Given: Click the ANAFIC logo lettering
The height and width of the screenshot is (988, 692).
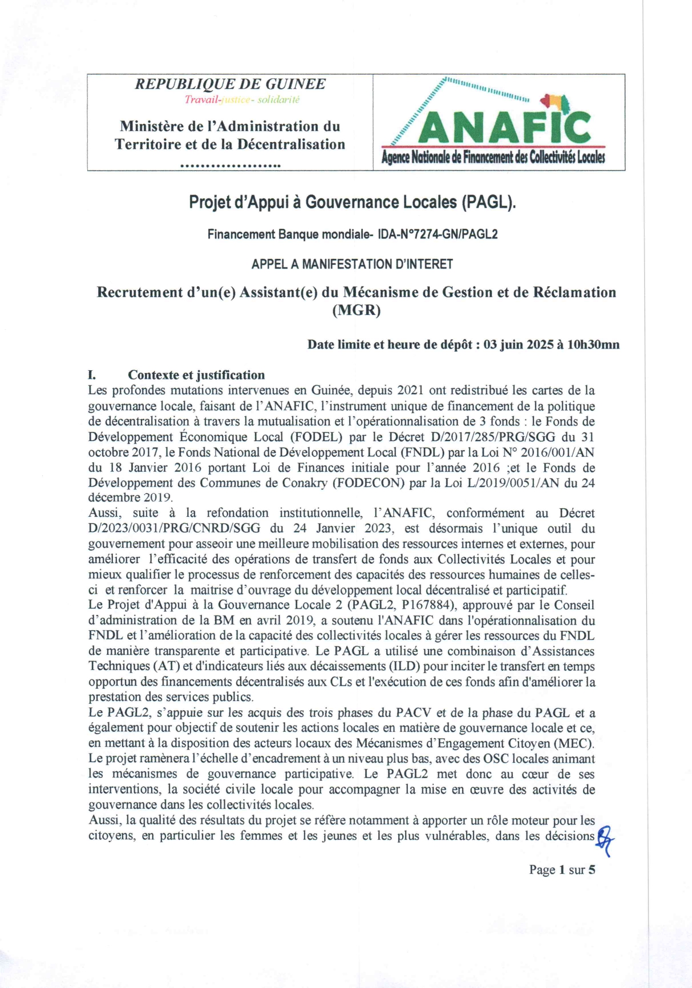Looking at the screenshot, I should tap(504, 127).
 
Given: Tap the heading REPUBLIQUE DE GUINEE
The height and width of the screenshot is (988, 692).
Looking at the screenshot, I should tap(230, 84).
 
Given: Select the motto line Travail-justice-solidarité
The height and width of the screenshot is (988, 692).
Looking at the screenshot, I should tap(242, 100).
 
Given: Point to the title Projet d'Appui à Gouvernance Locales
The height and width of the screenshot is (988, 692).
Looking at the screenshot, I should tap(352, 202).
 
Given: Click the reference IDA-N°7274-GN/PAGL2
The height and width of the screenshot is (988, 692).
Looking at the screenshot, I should tap(438, 234).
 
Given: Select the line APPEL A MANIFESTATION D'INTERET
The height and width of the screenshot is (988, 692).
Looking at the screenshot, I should tap(352, 264).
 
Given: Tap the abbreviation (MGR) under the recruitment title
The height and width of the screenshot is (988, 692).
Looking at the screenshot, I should tap(356, 310).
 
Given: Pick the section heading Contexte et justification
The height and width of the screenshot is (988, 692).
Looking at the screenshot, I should tap(196, 375).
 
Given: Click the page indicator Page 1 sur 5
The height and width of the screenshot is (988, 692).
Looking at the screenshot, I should tap(562, 870).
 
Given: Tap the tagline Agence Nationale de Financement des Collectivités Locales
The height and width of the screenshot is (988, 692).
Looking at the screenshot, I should tap(493, 158).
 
